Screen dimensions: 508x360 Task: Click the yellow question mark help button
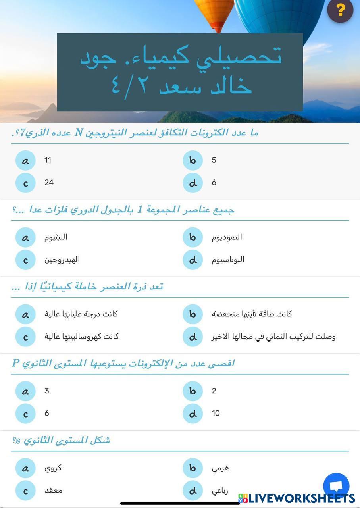[340, 10]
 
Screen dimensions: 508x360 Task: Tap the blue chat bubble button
[336, 486]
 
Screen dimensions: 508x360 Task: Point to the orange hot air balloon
[214, 12]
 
